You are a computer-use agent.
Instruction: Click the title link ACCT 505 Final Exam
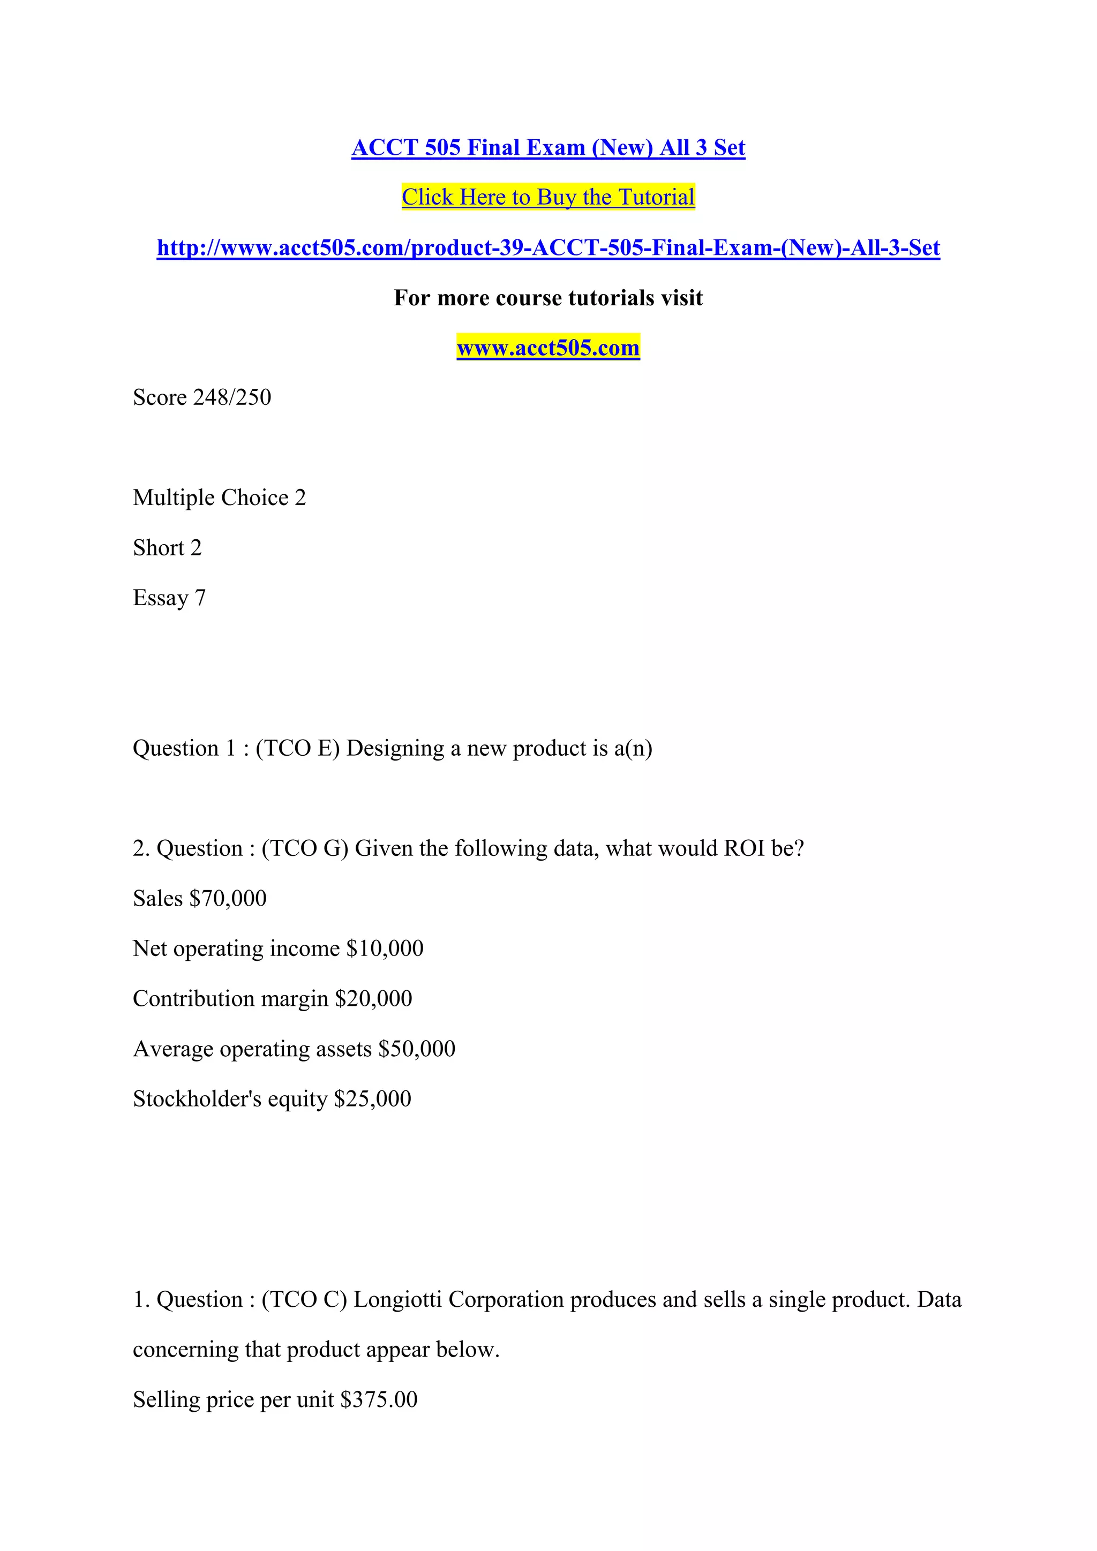coord(548,147)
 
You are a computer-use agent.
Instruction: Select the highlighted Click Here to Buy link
coord(548,197)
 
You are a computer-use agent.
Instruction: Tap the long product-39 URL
coord(548,248)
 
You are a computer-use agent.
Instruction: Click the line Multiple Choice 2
coord(219,498)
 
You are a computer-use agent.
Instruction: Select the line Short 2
coord(167,548)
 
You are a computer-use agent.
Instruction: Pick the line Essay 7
coord(169,598)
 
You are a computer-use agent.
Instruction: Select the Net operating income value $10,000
coord(385,948)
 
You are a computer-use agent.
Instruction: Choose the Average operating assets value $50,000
coord(416,1049)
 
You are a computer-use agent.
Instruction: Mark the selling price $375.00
coord(378,1399)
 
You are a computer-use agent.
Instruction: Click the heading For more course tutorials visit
coord(548,298)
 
